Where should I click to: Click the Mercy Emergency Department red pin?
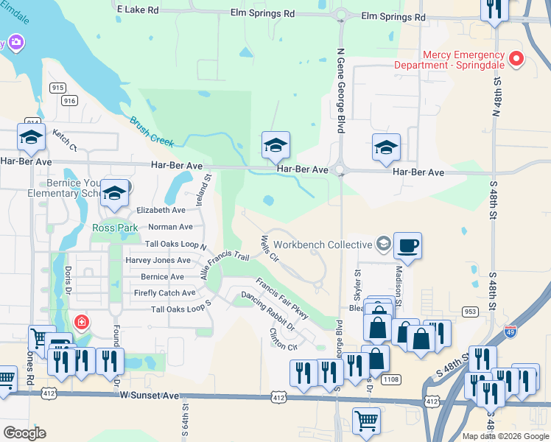point(516,60)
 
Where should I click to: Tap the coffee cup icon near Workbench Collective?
point(407,245)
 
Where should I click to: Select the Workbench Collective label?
point(323,245)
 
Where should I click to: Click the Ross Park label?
point(116,228)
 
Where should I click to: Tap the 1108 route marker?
point(391,379)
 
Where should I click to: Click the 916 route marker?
point(70,101)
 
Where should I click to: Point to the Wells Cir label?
point(269,249)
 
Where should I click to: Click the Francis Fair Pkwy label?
point(282,298)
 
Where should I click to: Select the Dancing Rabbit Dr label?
point(267,310)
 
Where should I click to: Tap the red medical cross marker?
point(80,322)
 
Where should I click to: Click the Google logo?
point(24,433)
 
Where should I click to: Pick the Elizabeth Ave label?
point(161,210)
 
